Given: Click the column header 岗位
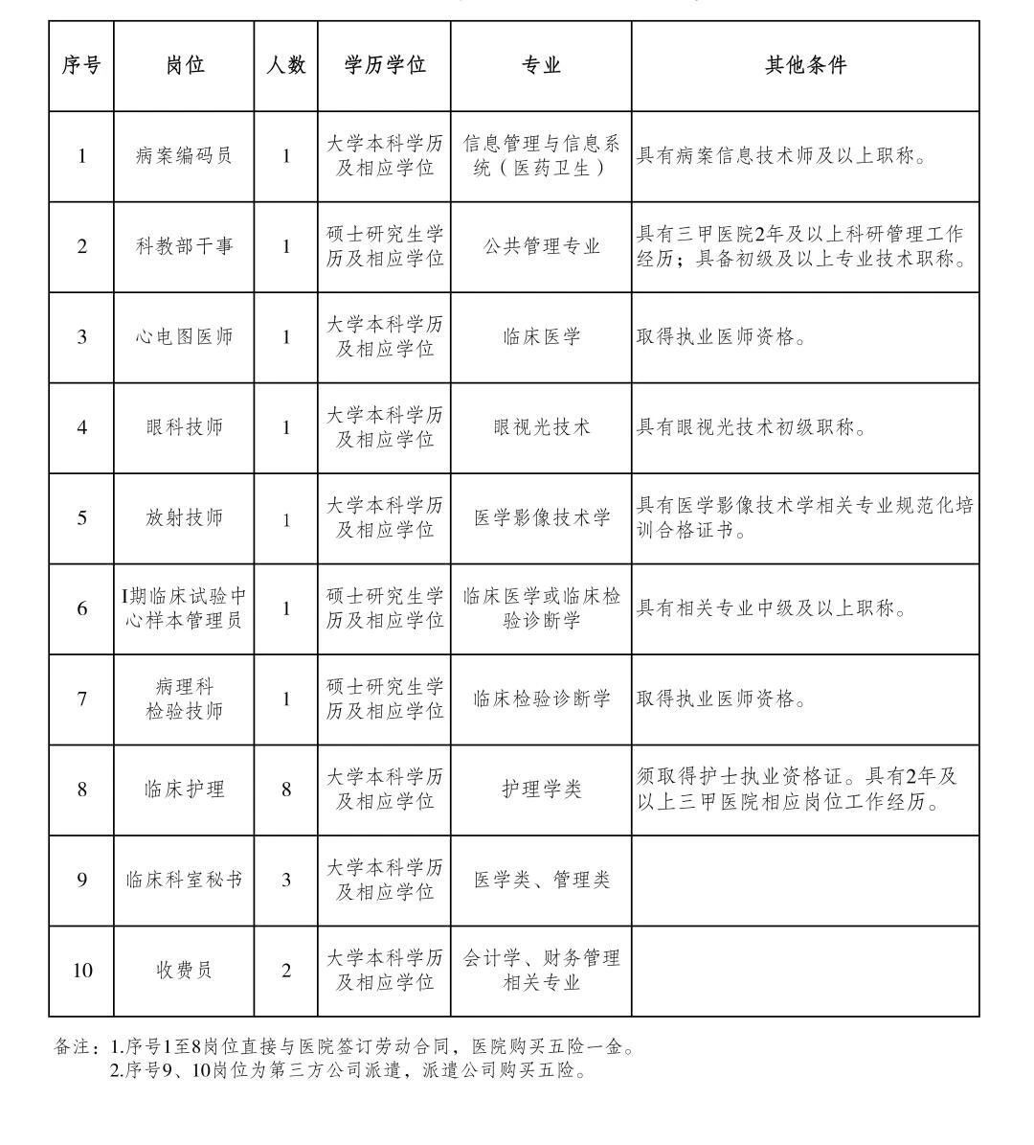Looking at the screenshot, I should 184,65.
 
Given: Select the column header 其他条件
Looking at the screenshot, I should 805,65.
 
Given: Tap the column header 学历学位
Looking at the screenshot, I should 384,65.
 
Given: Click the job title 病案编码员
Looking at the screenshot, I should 184,155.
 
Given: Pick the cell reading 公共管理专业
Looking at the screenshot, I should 541,246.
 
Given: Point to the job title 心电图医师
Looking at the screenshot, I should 184,336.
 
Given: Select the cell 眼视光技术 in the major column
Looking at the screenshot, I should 541,427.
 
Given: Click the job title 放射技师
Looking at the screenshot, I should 184,517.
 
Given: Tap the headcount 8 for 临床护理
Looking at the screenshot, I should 286,790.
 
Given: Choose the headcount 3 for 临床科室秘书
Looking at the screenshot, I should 286,880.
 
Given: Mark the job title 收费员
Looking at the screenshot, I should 184,971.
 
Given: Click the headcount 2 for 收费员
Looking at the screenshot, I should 286,971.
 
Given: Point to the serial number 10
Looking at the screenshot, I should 82,971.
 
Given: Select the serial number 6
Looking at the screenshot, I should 82,608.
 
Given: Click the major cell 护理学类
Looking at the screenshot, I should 541,790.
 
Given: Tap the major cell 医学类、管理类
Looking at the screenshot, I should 541,880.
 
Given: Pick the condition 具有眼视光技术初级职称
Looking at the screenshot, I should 752,427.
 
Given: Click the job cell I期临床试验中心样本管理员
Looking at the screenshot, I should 184,608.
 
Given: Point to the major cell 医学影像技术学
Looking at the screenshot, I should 541,517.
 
